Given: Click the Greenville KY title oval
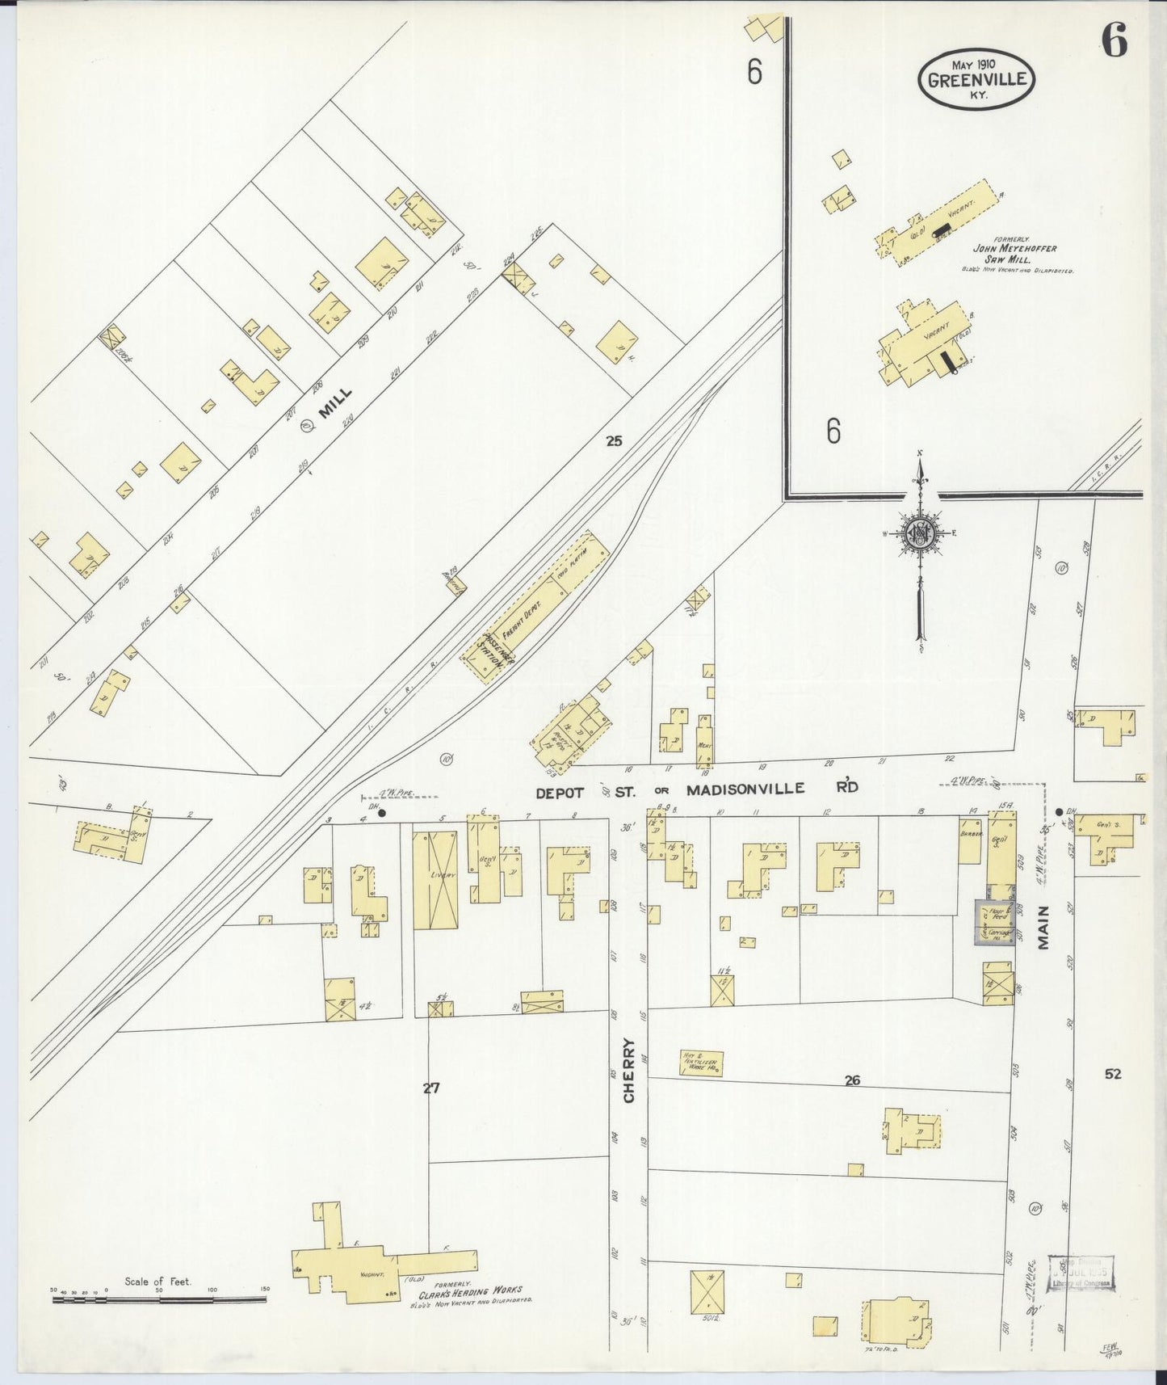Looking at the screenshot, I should coord(976,79).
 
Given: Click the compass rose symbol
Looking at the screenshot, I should coord(919,533).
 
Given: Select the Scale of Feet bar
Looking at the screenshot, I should coord(159,1299).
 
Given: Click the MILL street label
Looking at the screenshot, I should coord(334,402).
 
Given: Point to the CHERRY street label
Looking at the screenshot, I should coord(629,1070).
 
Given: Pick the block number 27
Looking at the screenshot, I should coord(431,1088).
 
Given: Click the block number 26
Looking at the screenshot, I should coord(852,1080).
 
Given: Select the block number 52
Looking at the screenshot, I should coord(1113,1074).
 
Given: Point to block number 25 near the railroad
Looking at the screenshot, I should coord(615,440).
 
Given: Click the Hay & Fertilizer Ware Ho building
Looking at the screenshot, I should coord(701,1063).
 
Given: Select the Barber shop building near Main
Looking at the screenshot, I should coord(969,840).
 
